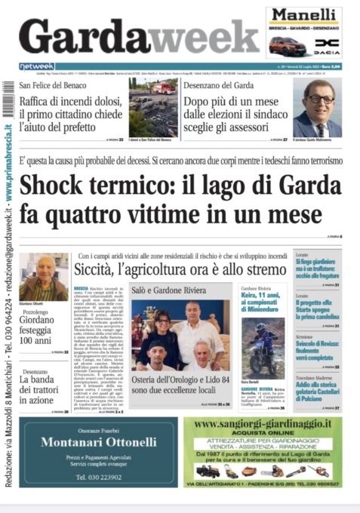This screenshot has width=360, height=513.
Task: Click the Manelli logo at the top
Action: [x=303, y=16]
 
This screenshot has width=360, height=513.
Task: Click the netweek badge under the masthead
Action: [x=37, y=66]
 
